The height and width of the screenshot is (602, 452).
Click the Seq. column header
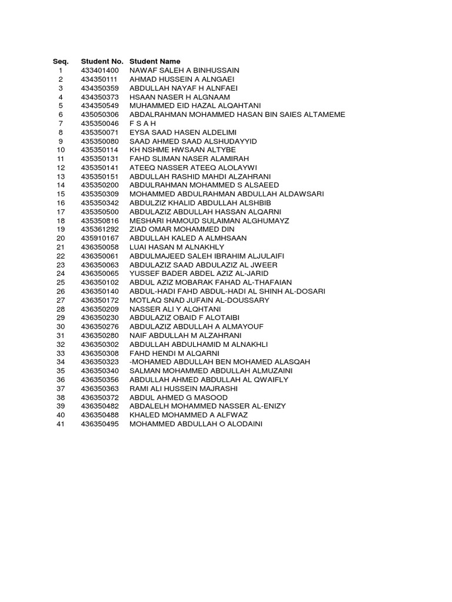(x=61, y=61)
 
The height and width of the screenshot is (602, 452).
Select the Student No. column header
(x=102, y=61)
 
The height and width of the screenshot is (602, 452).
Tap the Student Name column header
(x=155, y=61)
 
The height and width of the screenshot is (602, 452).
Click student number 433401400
(x=100, y=71)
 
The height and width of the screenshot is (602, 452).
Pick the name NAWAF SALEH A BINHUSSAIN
(x=184, y=71)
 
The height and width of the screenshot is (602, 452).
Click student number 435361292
(x=100, y=229)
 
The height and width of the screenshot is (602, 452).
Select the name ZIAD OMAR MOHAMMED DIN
(x=182, y=229)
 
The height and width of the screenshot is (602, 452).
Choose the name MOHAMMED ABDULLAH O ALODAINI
(x=195, y=423)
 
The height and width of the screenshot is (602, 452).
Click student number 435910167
(x=100, y=238)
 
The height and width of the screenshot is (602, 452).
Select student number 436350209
(x=100, y=309)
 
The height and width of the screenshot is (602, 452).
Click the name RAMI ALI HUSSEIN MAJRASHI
(x=183, y=388)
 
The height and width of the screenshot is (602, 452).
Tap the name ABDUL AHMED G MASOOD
(x=179, y=397)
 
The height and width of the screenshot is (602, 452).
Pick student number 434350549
(x=100, y=106)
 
